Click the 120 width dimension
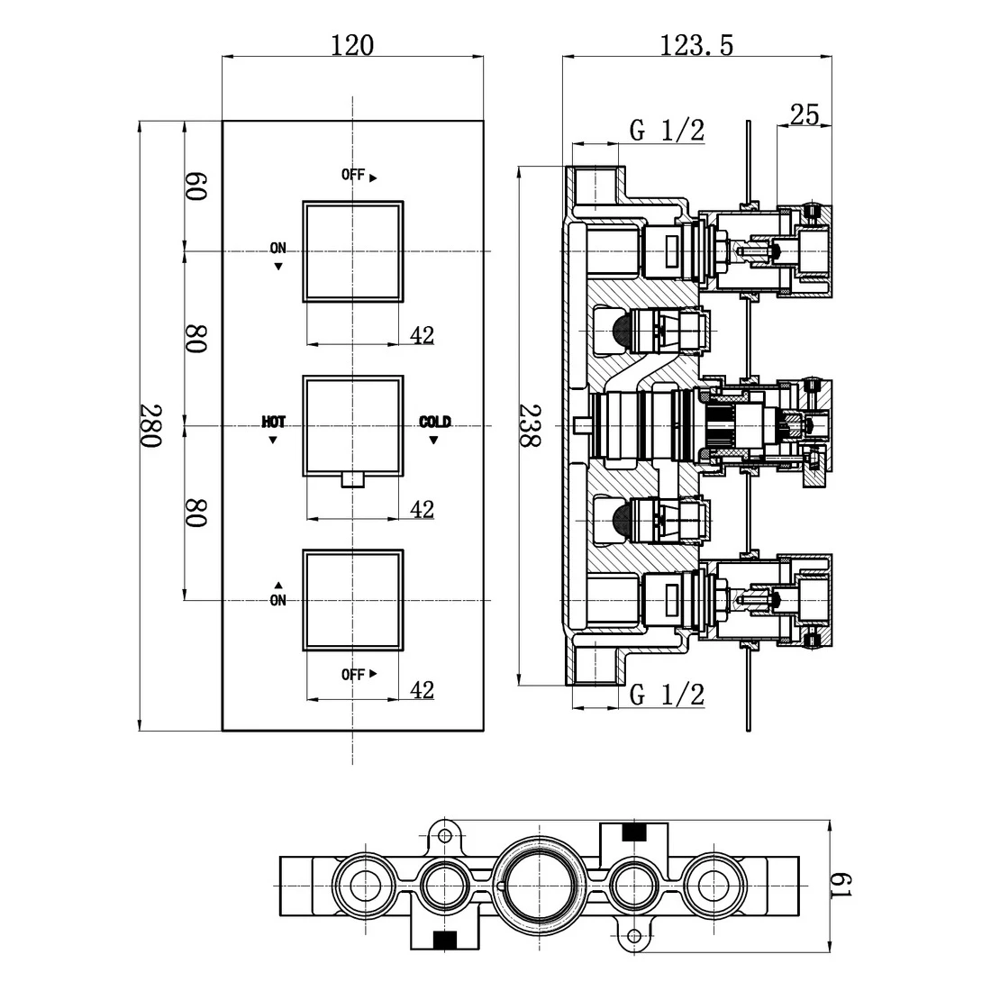[352, 45]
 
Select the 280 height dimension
[150, 426]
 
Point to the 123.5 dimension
[696, 45]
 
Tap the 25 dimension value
[804, 114]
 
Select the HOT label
[274, 422]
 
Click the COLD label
[435, 422]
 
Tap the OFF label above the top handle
[353, 175]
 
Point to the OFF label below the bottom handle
[353, 674]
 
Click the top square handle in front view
[353, 250]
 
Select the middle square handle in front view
[353, 424]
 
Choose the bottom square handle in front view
[353, 599]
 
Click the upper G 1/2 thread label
[667, 131]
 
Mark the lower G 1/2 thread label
[667, 695]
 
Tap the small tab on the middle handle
[353, 479]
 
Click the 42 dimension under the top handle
[422, 335]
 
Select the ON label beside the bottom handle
[277, 600]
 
